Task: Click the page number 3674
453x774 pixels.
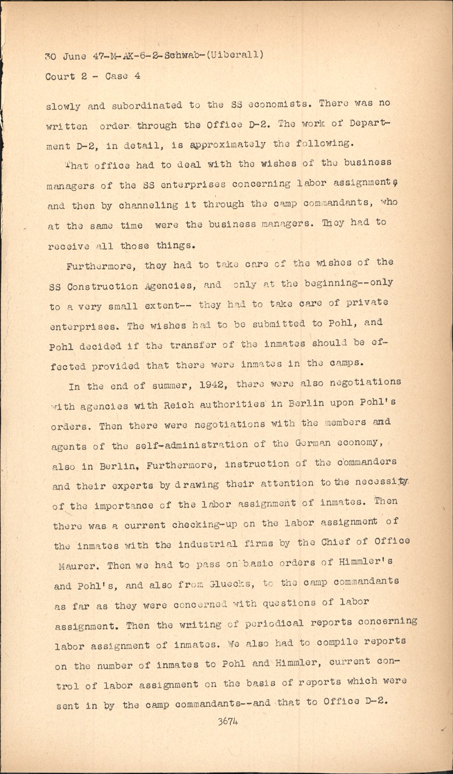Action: [227, 721]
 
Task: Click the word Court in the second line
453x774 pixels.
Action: [60, 76]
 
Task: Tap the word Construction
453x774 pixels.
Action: [103, 286]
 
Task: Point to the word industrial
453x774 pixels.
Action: [208, 544]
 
